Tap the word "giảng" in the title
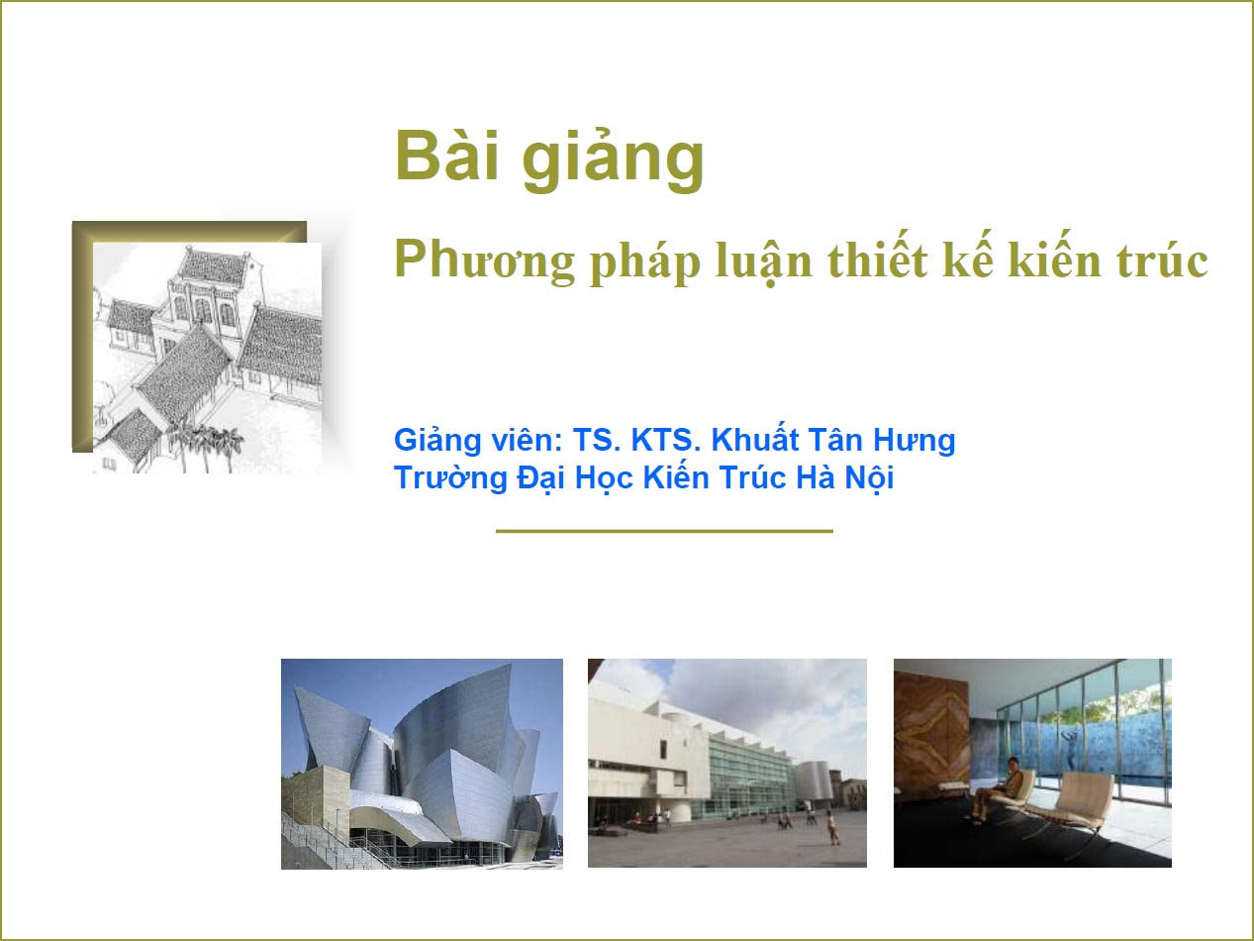click(x=613, y=161)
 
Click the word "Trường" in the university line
click(x=450, y=478)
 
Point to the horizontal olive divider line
click(x=664, y=531)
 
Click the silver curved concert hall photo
click(x=422, y=764)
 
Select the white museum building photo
click(x=727, y=764)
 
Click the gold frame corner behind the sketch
click(x=83, y=232)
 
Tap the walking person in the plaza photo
click(x=832, y=827)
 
